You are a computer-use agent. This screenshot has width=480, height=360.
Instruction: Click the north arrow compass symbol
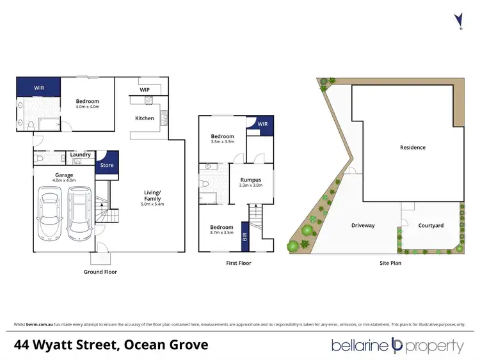[458, 20]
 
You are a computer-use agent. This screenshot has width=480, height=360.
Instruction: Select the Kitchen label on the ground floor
[144, 118]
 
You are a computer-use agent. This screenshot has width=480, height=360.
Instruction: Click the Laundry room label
[80, 154]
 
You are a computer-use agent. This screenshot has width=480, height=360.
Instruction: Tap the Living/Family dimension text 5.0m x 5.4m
[152, 204]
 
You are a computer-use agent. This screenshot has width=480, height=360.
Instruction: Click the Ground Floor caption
[100, 272]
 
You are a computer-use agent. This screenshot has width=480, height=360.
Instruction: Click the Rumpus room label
[249, 180]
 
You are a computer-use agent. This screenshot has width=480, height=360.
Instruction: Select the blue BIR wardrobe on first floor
[244, 236]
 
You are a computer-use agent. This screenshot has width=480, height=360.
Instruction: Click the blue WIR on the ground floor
[38, 86]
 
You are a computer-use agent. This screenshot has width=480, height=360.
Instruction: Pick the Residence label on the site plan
[413, 148]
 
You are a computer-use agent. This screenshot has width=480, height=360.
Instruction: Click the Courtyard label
[430, 225]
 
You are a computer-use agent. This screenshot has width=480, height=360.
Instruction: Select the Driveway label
[363, 225]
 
